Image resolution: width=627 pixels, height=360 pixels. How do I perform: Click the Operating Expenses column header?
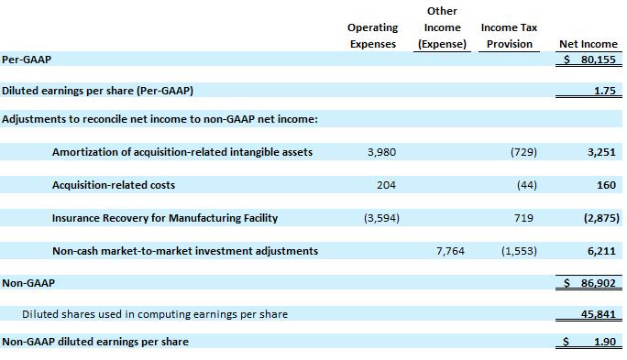pos(373,36)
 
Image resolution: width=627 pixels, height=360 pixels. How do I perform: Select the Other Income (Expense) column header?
pos(442,27)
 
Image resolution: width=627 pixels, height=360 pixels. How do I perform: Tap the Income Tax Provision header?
pos(509,36)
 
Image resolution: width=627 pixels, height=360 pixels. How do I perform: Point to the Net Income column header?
pos(588,44)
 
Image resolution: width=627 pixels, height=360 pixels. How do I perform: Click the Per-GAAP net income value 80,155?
pos(599,60)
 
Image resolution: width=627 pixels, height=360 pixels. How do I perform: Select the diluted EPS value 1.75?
pos(605,91)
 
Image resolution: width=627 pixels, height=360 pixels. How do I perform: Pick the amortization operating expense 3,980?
pos(382,152)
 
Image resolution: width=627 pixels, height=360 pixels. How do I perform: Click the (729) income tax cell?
pos(523,152)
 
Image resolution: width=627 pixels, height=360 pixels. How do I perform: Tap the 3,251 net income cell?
pos(601,152)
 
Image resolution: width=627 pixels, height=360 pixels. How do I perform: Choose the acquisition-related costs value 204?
pos(386,185)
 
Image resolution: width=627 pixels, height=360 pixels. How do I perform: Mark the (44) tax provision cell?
pos(527,185)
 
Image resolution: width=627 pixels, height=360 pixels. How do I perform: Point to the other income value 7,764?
pos(450,251)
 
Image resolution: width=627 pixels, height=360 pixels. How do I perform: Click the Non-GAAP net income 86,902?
pos(599,283)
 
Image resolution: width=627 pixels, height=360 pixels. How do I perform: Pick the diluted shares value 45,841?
pos(599,314)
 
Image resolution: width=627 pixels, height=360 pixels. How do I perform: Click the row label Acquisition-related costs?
pos(114,185)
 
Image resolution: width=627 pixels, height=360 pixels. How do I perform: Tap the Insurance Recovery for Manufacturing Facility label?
pos(165,218)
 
